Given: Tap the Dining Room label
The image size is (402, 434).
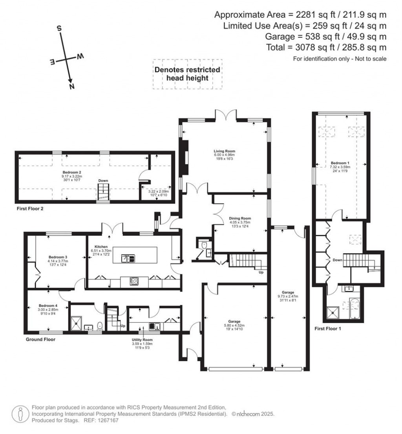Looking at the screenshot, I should coord(240,218).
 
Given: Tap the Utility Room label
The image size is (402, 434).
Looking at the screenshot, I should coord(142,339).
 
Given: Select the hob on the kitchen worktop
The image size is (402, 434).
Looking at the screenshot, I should coord(134,281).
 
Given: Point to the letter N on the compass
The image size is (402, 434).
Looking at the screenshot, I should coord(71,87).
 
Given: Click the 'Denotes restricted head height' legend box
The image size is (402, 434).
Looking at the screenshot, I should coord(187,74).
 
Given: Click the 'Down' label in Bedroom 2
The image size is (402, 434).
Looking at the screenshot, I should coord(103,180).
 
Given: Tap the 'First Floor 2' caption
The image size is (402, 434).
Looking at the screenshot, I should coord(30,209).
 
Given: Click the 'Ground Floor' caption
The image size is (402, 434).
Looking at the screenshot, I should coord(40,339).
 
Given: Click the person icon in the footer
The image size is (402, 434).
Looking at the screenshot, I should coord(20,414).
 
